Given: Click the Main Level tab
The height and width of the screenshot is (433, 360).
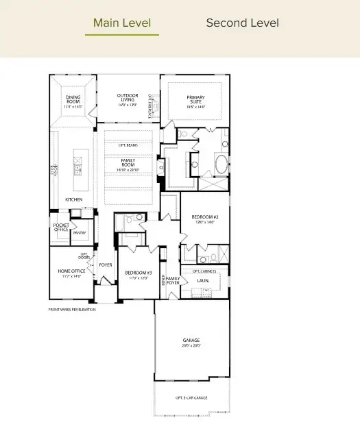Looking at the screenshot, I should click(126, 23).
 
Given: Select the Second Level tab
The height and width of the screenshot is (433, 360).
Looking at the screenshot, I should click(242, 23).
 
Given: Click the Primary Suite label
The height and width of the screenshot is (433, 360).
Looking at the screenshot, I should click(195, 101).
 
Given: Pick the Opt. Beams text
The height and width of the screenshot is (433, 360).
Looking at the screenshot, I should click(128, 145).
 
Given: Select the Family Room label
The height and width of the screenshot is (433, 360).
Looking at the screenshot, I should click(128, 165).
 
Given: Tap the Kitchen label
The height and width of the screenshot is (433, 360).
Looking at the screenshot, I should click(74, 199).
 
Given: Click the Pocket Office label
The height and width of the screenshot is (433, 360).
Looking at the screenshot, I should click(61, 227).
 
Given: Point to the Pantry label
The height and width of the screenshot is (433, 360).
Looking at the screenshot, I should click(80, 233).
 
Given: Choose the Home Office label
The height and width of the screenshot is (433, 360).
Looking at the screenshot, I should click(69, 273).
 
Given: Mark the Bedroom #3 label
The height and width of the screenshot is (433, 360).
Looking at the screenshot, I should click(139, 275).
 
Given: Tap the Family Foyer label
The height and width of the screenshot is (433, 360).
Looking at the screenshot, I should click(173, 280).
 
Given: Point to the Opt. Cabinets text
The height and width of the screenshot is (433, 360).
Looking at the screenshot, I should click(204, 271).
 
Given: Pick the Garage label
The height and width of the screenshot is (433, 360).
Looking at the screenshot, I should click(191, 343).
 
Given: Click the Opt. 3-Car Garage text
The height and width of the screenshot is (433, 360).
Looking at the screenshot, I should click(191, 397).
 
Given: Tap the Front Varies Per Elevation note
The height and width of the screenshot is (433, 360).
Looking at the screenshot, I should click(72, 310).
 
